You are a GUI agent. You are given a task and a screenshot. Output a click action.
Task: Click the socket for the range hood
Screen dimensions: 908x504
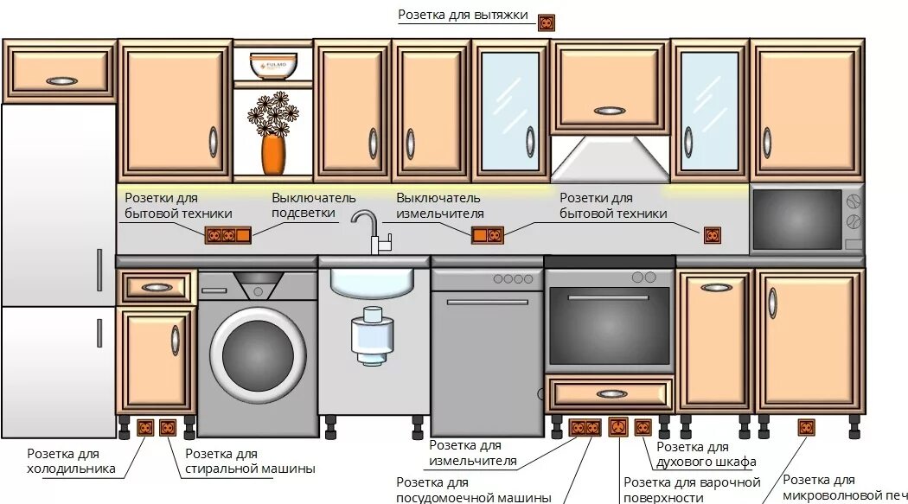pos(546,23)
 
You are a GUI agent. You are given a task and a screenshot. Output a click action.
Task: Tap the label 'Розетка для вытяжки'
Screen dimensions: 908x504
pos(463,16)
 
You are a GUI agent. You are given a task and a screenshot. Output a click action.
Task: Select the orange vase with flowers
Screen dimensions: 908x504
pos(273,152)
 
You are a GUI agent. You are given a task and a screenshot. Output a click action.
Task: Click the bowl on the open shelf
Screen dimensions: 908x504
pos(273,65)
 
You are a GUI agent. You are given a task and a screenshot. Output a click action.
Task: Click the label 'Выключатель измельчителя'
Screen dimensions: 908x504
pos(439,205)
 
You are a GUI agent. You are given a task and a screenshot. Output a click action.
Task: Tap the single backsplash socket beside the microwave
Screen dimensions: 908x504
pos(712,235)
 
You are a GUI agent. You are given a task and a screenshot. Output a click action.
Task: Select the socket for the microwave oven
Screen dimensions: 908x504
pos(806,427)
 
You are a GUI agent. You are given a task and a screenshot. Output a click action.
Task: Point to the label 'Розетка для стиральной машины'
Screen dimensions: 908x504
pos(250,462)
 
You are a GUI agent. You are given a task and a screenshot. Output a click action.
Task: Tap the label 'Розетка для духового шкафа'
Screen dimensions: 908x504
pos(706,454)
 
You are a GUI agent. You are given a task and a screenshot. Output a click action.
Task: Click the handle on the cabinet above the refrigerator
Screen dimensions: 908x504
pos(61,81)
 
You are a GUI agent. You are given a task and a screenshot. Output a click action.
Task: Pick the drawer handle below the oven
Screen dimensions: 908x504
pos(611,393)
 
